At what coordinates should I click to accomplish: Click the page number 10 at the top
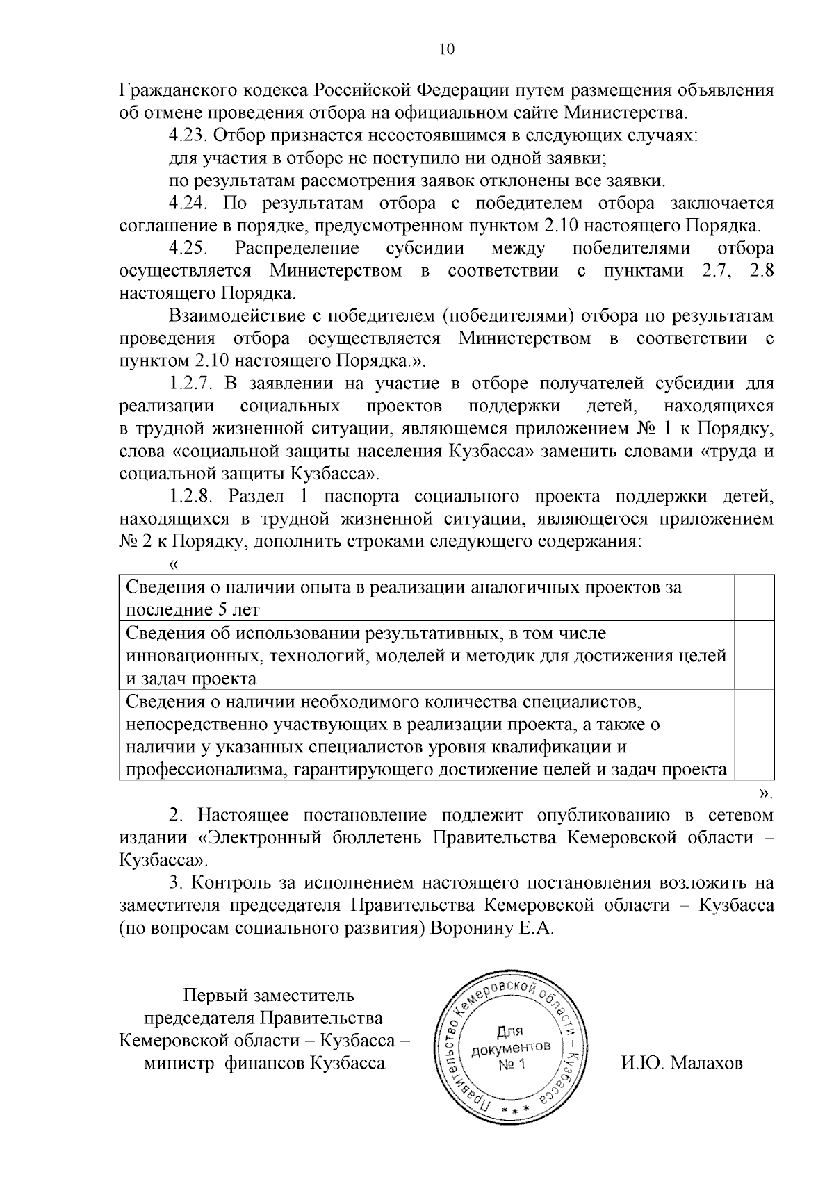pyautogui.click(x=446, y=49)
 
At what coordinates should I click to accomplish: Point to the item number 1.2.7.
pyautogui.click(x=192, y=384)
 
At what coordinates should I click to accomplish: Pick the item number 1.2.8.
pyautogui.click(x=192, y=497)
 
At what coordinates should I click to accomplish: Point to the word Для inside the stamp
pyautogui.click(x=512, y=1031)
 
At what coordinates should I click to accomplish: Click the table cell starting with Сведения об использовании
pyautogui.click(x=426, y=655)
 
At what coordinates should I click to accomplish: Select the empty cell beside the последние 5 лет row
pyautogui.click(x=755, y=597)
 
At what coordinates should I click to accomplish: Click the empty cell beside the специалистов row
pyautogui.click(x=755, y=734)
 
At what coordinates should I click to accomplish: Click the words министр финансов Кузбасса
pyautogui.click(x=264, y=1064)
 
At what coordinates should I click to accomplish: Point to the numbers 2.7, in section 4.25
pyautogui.click(x=714, y=271)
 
